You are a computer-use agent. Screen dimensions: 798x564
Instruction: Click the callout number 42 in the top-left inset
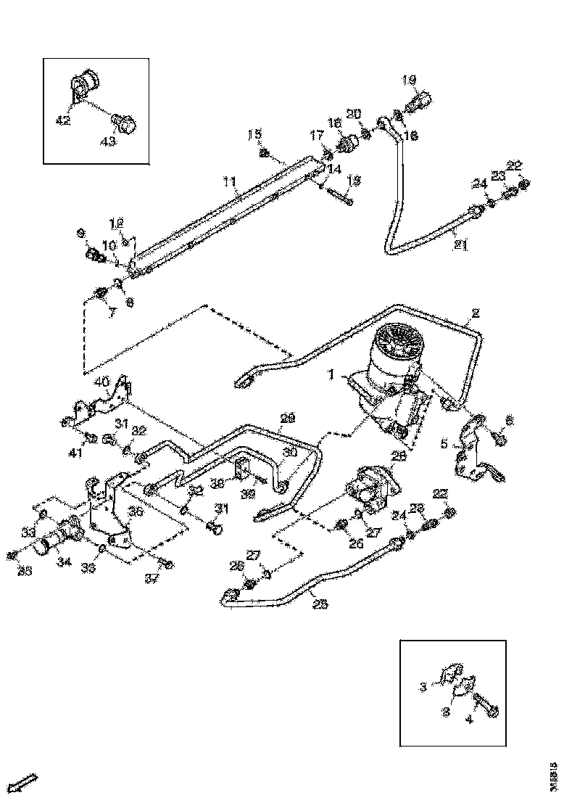(63, 120)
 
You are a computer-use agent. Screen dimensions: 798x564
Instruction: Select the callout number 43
(107, 141)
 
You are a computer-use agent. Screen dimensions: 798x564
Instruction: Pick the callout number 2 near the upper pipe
(476, 313)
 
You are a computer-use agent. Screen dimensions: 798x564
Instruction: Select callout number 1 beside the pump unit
(331, 376)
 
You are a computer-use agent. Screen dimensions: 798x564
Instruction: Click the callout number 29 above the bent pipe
(287, 419)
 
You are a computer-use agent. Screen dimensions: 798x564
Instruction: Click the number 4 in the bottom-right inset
(468, 720)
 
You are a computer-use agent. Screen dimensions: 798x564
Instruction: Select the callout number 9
(81, 233)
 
